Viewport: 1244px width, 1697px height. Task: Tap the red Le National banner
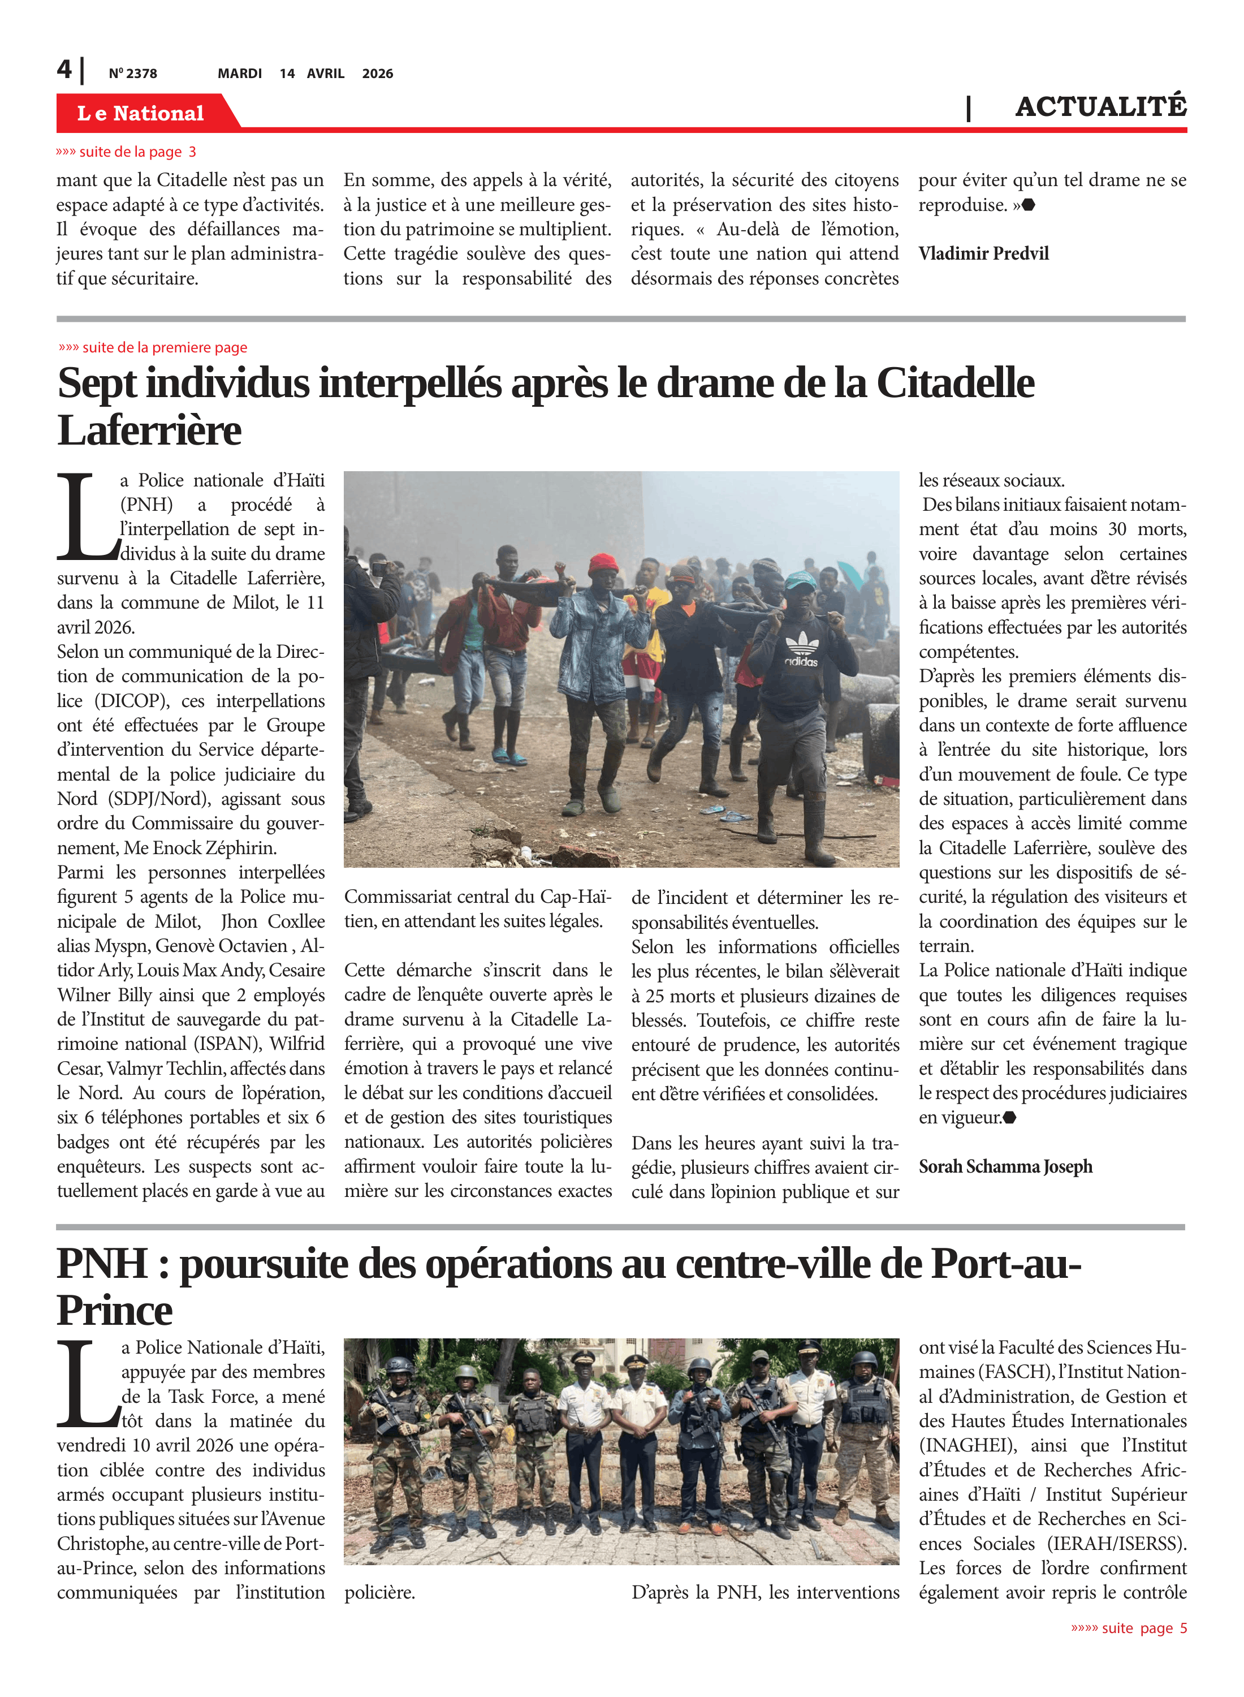click(x=141, y=113)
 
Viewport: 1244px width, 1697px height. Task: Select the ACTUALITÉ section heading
click(x=1100, y=107)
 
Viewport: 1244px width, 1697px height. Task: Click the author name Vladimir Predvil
click(x=983, y=254)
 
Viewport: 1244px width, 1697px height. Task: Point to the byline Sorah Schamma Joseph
click(x=1005, y=1167)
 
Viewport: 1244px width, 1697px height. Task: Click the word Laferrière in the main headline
click(x=149, y=431)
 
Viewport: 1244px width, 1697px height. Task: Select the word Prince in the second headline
click(x=114, y=1311)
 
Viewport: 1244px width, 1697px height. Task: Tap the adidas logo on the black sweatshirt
click(x=801, y=650)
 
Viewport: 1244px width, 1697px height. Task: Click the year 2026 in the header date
click(x=377, y=74)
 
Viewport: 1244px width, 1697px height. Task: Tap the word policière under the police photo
click(x=379, y=1593)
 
